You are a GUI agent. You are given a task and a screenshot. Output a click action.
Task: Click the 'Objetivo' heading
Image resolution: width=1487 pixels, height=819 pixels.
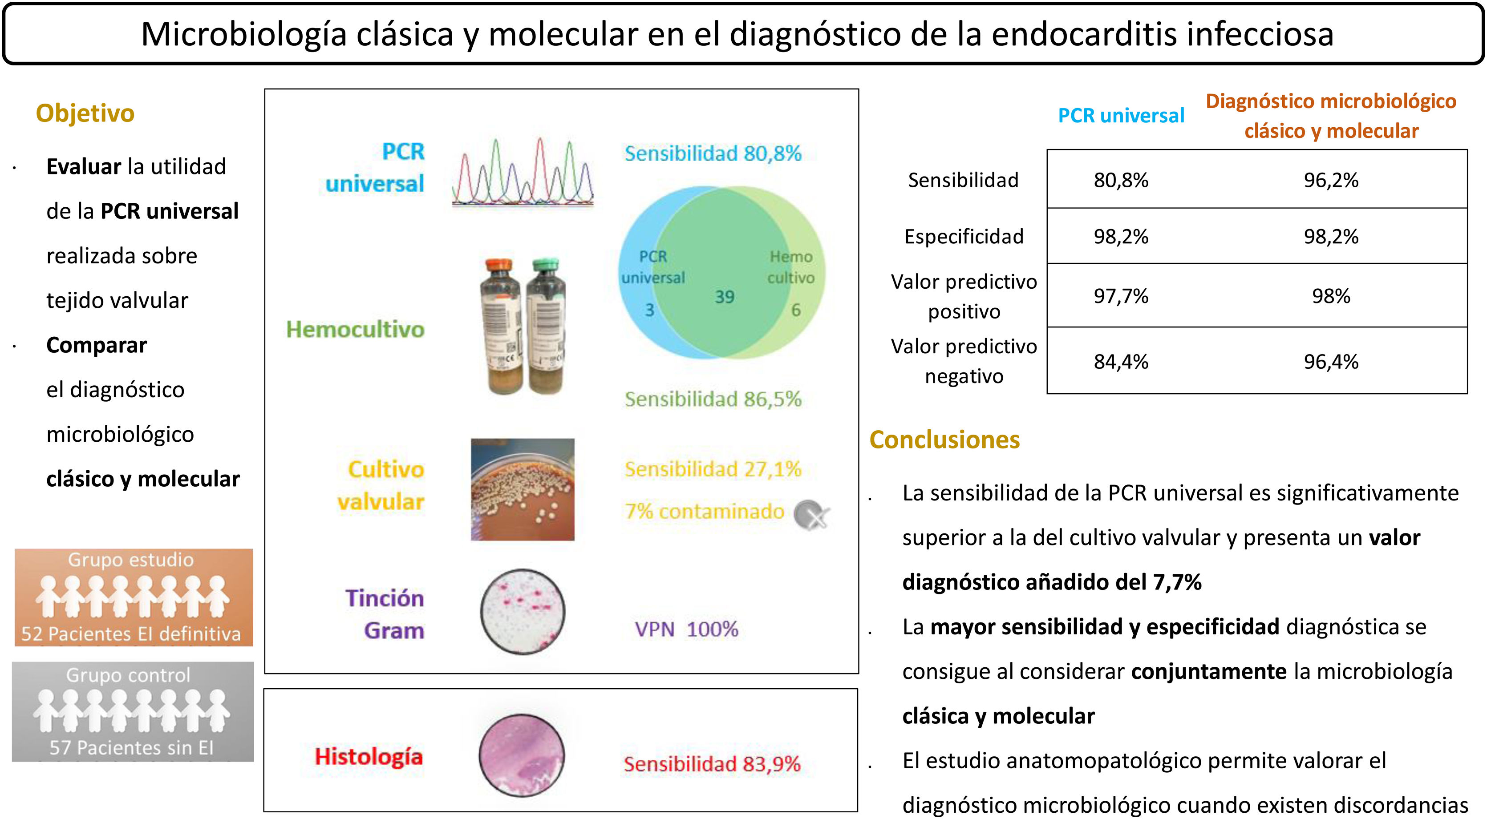85,113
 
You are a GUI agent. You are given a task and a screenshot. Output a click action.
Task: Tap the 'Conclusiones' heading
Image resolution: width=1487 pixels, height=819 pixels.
944,440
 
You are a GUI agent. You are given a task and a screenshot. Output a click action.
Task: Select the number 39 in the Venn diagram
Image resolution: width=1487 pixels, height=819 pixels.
725,297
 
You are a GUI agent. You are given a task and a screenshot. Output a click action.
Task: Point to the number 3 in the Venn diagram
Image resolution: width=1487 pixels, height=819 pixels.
649,310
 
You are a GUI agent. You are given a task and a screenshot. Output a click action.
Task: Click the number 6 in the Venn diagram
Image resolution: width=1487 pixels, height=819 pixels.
795,310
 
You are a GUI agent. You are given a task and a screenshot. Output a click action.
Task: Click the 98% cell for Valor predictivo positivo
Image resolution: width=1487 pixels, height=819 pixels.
1331,296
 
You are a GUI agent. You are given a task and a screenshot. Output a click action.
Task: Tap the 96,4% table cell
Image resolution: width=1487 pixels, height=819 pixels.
1331,362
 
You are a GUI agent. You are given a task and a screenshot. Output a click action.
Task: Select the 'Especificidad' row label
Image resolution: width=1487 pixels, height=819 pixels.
964,237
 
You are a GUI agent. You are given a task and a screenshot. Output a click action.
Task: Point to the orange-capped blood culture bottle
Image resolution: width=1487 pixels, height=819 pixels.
500,326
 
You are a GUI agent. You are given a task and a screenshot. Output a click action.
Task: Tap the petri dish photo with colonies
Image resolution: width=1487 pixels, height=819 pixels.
523,489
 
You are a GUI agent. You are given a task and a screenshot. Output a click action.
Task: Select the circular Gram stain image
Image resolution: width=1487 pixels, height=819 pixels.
523,612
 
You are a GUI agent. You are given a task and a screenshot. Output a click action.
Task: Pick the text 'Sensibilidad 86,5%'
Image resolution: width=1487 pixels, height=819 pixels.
713,399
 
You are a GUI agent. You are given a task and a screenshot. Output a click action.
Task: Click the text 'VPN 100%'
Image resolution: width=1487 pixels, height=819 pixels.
686,629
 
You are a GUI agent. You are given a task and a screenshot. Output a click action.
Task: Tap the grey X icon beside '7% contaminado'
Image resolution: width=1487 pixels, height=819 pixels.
811,514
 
